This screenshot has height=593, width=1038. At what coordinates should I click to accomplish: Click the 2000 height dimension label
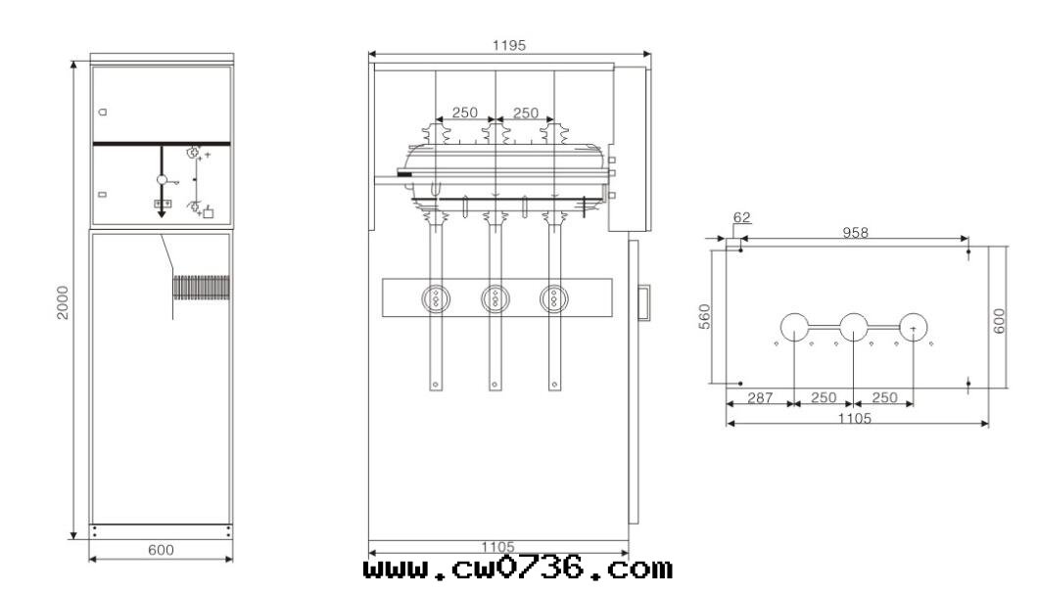coord(63,302)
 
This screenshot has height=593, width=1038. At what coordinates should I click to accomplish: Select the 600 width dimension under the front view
coord(161,550)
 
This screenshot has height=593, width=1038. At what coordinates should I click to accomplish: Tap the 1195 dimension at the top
coord(509,45)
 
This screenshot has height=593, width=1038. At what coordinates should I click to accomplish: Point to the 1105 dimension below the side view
coord(497,547)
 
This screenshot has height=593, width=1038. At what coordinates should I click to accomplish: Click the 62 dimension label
coord(742,217)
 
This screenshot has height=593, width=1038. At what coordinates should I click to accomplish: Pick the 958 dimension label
coord(855,232)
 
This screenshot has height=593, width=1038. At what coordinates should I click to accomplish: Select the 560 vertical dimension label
coord(704,316)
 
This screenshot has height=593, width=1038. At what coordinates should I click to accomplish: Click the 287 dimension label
coord(760,397)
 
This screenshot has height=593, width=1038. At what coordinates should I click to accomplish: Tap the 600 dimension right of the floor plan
coord(999,321)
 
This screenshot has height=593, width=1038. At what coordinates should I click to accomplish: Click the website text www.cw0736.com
coord(518,570)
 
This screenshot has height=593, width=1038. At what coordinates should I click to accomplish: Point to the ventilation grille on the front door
coord(202,288)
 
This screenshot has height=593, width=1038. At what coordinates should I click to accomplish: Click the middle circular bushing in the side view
coord(495,298)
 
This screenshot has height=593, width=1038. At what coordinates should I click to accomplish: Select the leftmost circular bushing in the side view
coord(436,298)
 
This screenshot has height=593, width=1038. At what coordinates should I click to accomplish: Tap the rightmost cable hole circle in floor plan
coord(913,327)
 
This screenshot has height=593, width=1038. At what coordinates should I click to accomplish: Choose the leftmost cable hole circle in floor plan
coord(794,327)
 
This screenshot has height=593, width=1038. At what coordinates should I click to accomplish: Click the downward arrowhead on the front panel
coord(162,213)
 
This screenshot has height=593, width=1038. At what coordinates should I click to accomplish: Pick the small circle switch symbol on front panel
coord(162,180)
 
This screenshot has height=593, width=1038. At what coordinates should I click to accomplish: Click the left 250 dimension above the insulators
coord(465,113)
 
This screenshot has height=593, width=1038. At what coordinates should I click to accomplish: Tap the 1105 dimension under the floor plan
coord(855,418)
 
